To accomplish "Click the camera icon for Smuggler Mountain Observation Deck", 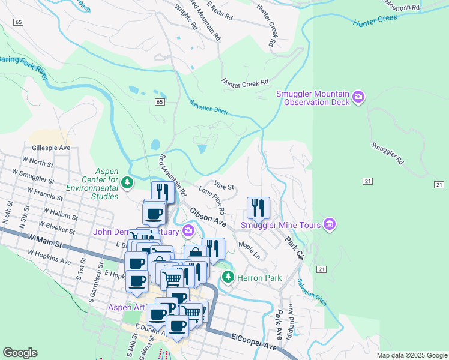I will [x=359, y=97].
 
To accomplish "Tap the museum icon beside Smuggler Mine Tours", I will [x=329, y=225].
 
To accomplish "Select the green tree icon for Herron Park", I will [x=228, y=277].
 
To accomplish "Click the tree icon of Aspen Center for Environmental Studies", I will [x=127, y=182].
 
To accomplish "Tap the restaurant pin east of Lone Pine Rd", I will [x=258, y=208].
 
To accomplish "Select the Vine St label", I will [x=223, y=187].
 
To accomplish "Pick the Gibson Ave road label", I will [x=208, y=217].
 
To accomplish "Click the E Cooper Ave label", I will [x=255, y=342].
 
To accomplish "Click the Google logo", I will [x=20, y=353].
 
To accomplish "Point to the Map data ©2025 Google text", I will [x=411, y=355].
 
